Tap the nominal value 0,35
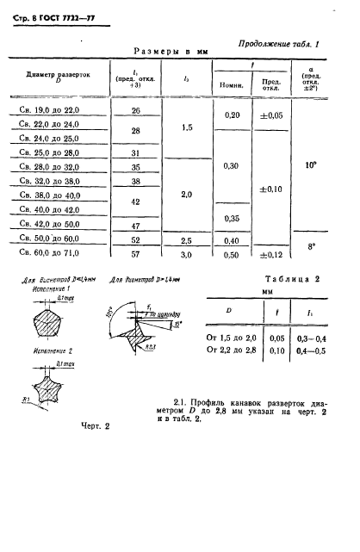[x=232, y=219]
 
